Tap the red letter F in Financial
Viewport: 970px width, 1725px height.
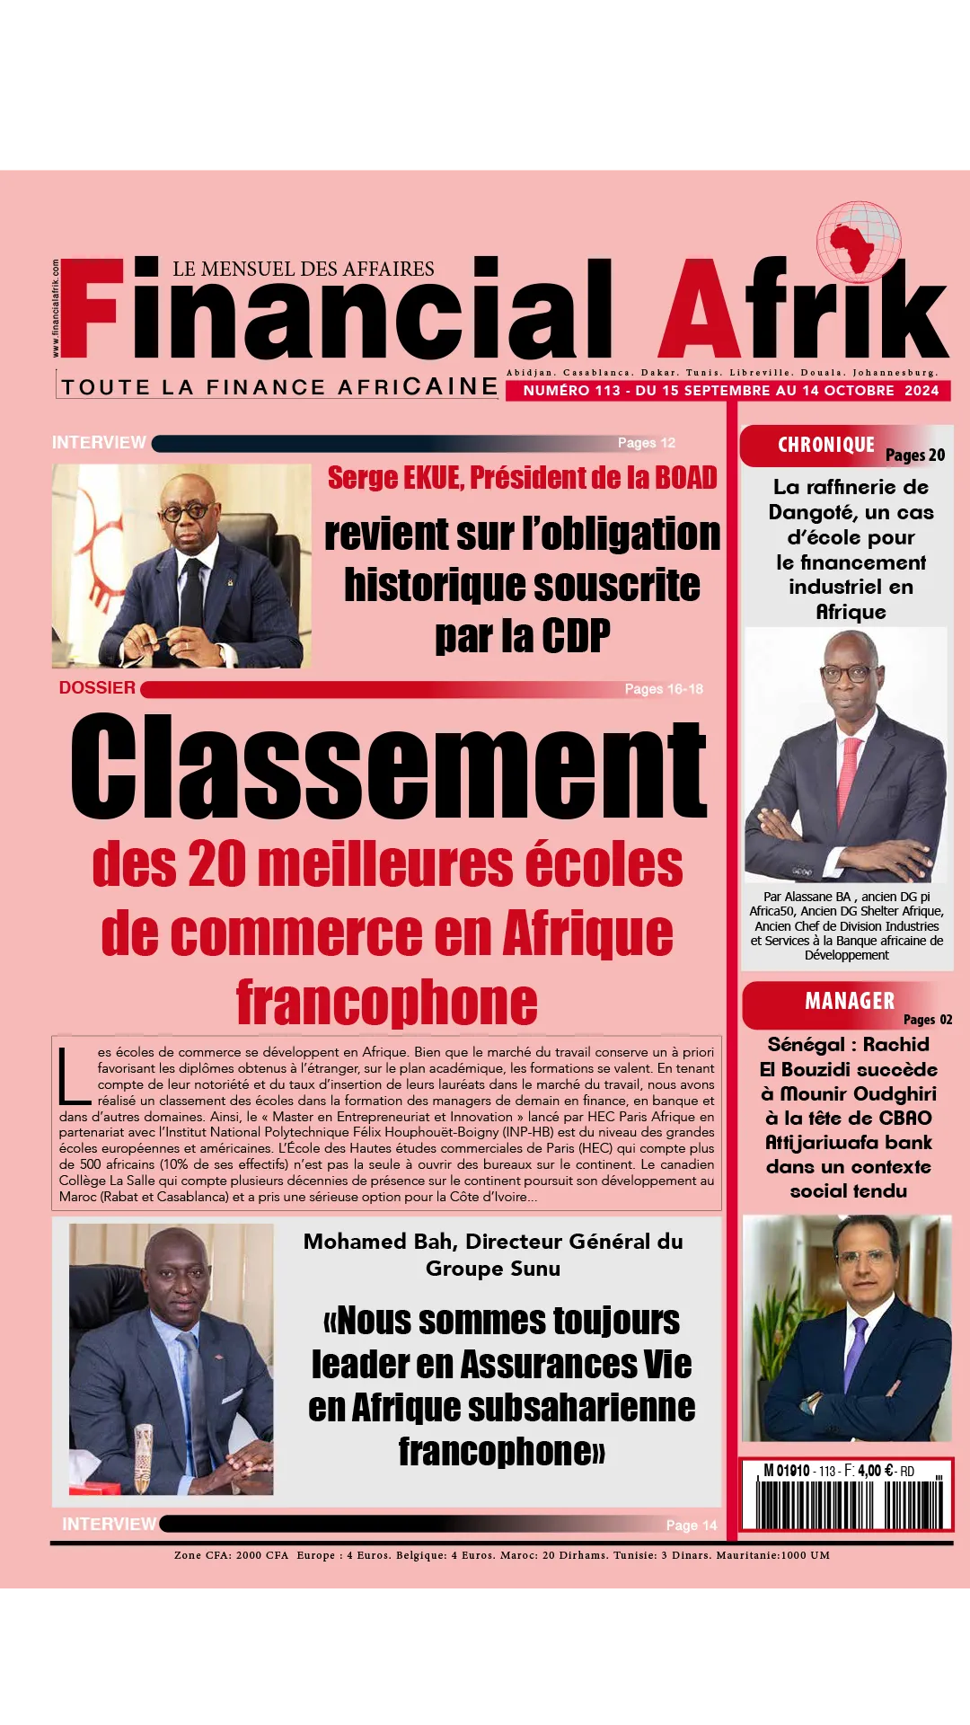click(x=90, y=307)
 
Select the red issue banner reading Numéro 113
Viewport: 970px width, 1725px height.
click(x=728, y=391)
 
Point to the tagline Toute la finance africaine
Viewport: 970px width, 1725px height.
click(x=278, y=387)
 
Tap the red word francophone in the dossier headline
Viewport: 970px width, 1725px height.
click(x=387, y=1003)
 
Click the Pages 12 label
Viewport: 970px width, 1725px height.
click(x=646, y=443)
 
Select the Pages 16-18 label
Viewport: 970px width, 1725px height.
click(x=663, y=689)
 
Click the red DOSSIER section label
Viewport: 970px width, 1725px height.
click(x=97, y=688)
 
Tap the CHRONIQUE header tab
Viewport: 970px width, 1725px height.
click(x=826, y=446)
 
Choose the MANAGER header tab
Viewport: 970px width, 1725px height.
click(x=849, y=1002)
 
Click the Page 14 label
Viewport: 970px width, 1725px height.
click(x=691, y=1526)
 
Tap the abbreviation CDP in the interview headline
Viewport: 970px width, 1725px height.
click(x=575, y=637)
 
